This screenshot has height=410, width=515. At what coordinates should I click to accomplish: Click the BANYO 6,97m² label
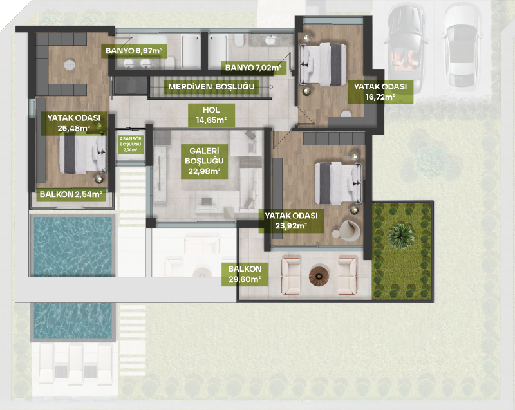(x=135, y=51)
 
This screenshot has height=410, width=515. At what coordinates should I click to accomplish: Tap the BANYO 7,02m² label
(x=253, y=68)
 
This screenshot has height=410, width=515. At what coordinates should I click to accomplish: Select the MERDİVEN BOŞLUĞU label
(x=211, y=87)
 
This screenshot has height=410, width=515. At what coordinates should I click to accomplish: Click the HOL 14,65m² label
(x=211, y=115)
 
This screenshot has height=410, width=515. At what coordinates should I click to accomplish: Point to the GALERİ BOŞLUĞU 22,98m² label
(x=204, y=161)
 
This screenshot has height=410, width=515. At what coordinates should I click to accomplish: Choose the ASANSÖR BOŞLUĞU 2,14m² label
(x=131, y=144)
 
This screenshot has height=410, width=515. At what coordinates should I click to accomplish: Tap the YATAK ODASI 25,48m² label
(x=73, y=123)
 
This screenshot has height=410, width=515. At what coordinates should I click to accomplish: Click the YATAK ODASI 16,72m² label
(x=380, y=92)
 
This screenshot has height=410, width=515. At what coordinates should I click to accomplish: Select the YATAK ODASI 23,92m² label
(x=292, y=221)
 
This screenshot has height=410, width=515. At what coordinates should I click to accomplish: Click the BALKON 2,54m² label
(x=71, y=194)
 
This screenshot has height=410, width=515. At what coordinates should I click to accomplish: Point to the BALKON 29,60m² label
(x=245, y=274)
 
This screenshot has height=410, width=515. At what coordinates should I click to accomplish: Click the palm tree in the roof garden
(x=401, y=235)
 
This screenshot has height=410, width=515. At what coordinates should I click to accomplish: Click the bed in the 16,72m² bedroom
(x=323, y=64)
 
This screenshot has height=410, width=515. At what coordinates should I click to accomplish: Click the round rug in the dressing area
(x=70, y=64)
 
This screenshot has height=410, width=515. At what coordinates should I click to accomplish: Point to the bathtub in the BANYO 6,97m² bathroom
(x=191, y=51)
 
